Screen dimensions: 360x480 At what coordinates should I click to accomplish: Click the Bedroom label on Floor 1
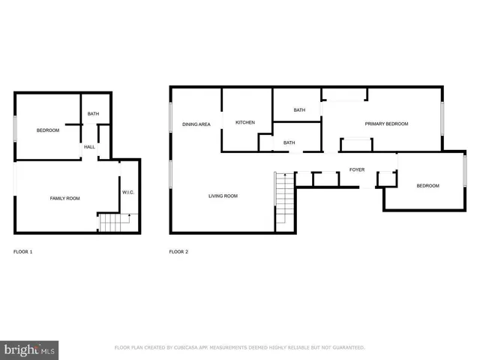[x=48, y=130]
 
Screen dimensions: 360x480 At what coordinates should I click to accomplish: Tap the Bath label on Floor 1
[x=93, y=114]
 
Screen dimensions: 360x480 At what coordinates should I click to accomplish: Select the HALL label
[x=89, y=147]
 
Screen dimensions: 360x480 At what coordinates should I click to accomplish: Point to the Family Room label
[x=64, y=198]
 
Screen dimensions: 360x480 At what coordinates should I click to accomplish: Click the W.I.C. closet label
[x=127, y=193]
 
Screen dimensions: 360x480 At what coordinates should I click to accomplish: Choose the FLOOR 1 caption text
[x=23, y=251]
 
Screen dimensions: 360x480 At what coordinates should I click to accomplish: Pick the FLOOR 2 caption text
[x=178, y=251]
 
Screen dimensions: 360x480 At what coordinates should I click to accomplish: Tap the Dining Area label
[x=196, y=124]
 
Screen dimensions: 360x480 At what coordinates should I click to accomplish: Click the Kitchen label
[x=245, y=122]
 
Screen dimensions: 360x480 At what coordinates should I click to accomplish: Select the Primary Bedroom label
[x=386, y=124]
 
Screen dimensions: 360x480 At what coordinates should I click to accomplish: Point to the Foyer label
[x=357, y=170]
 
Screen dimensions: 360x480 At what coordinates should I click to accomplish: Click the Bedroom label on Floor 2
[x=427, y=186]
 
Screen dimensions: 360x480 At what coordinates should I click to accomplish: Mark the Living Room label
[x=223, y=196]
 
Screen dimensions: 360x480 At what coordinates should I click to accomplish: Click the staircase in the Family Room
[x=115, y=223]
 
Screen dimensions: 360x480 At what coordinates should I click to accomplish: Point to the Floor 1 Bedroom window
[x=16, y=128]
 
